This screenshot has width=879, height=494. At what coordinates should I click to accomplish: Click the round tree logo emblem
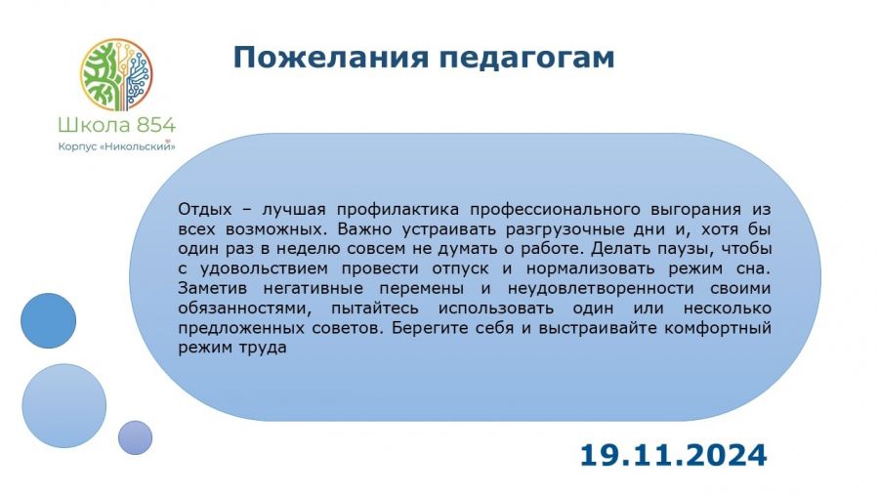coord(116,74)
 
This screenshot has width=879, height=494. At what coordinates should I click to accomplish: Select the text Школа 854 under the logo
coord(116,125)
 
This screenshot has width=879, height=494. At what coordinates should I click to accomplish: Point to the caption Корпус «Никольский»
coord(116,146)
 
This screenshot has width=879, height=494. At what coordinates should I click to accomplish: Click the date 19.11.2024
coord(673,455)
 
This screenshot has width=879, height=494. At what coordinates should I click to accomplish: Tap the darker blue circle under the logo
coord(48,320)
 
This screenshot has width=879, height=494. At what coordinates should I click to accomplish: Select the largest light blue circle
coord(63,406)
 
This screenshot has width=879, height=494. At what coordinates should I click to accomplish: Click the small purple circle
coord(135,437)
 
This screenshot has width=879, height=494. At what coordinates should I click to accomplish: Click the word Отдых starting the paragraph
coord(205,210)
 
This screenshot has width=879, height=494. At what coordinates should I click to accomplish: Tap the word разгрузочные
coord(564,229)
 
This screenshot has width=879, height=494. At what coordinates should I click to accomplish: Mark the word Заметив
coord(213,288)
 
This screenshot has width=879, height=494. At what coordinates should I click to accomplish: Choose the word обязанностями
coord(245,309)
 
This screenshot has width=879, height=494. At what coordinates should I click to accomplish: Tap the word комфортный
coord(718,328)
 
